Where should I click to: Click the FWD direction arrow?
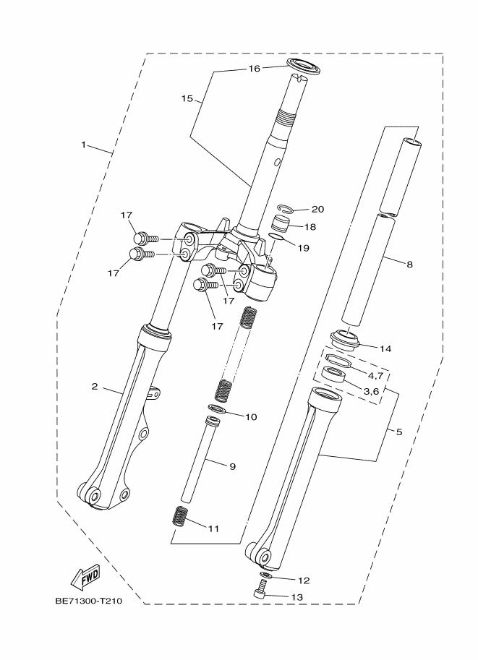[x=84, y=577]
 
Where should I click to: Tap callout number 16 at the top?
[x=254, y=69]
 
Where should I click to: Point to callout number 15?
[x=187, y=99]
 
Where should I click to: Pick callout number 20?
[x=317, y=209]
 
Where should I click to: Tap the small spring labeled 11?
[x=180, y=517]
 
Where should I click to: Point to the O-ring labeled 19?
[x=274, y=237]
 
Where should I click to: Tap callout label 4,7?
[x=375, y=376]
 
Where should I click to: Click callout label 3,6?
[x=371, y=391]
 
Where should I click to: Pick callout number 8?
[x=409, y=265]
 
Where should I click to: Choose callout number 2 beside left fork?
[x=94, y=386]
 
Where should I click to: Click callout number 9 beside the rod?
[x=233, y=466]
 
